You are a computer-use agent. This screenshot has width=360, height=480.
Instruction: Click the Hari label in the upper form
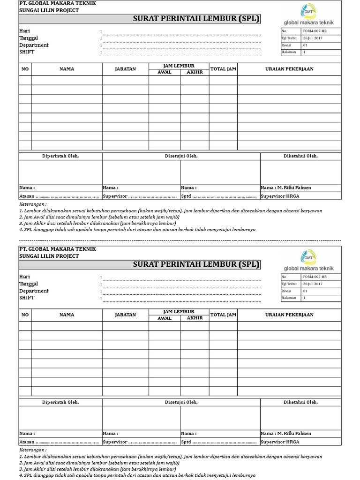pyautogui.click(x=24, y=31)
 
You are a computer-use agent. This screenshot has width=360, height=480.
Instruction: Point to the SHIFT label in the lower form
pyautogui.click(x=27, y=298)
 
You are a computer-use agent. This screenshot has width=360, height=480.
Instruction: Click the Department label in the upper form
pyautogui.click(x=34, y=45)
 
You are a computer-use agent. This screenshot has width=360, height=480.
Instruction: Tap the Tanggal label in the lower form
pyautogui.click(x=29, y=284)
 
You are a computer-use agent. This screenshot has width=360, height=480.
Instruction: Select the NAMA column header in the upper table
pyautogui.click(x=67, y=69)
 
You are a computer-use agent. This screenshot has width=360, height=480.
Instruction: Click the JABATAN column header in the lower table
pyautogui.click(x=125, y=315)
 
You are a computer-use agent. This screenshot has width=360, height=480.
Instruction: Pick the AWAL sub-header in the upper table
pyautogui.click(x=165, y=72)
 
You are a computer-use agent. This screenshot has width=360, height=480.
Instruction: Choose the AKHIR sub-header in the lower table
pyautogui.click(x=195, y=318)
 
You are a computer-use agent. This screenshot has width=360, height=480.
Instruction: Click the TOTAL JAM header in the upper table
pyautogui.click(x=223, y=69)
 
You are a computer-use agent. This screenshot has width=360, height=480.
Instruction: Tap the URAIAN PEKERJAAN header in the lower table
pyautogui.click(x=289, y=315)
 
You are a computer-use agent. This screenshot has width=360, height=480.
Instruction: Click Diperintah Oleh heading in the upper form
pyautogui.click(x=60, y=156)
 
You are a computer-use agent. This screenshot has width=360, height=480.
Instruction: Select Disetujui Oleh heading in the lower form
pyautogui.click(x=181, y=402)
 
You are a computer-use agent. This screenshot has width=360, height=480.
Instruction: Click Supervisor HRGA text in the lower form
pyautogui.click(x=280, y=442)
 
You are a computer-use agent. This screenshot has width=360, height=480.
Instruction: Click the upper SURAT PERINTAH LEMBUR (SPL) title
pyautogui.click(x=196, y=19)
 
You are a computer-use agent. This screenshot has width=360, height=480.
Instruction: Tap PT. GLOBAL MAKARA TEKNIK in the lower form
pyautogui.click(x=57, y=249)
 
